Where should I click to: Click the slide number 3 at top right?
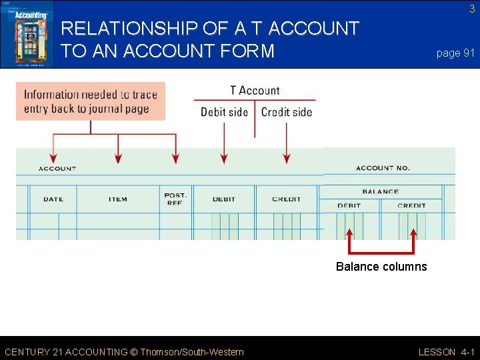coord(471,9)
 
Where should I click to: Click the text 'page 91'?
coord(455,53)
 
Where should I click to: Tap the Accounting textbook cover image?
coord(27,34)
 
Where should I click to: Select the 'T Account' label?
coord(255,91)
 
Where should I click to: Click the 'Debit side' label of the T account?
coord(224,112)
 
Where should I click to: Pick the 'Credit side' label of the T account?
coord(287,112)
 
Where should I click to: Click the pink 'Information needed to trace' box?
coord(91,101)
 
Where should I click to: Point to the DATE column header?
coord(53,199)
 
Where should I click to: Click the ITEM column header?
coord(118,199)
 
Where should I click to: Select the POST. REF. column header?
coord(175,199)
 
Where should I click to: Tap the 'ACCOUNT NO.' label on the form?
coord(383,168)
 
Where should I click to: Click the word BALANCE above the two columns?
coord(380,192)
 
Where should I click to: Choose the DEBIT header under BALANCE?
coord(349,205)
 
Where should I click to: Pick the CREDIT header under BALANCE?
coord(411,205)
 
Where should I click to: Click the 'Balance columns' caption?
coord(381,267)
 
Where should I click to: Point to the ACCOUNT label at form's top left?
coord(57,169)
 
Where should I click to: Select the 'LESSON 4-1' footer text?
coord(446,352)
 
